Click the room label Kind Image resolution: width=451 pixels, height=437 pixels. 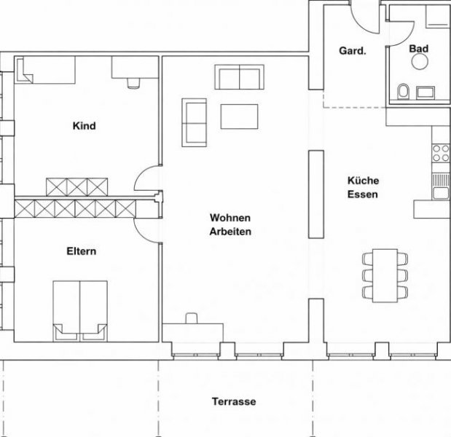[84, 126]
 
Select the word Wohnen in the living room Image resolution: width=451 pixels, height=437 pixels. [230, 218]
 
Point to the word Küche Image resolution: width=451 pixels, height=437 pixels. [363, 181]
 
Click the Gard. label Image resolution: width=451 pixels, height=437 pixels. [351, 51]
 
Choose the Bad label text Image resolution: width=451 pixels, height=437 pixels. [418, 49]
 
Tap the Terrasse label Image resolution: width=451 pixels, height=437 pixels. [234, 401]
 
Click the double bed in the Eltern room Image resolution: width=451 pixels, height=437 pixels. [79, 310]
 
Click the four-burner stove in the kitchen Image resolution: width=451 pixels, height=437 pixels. [441, 153]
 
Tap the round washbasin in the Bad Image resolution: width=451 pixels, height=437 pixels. [419, 63]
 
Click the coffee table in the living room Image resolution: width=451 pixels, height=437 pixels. [239, 117]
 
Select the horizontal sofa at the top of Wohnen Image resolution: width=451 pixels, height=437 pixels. [239, 77]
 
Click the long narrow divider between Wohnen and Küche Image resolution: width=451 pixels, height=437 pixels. [315, 193]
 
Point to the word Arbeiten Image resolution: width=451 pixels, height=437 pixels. [230, 232]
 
